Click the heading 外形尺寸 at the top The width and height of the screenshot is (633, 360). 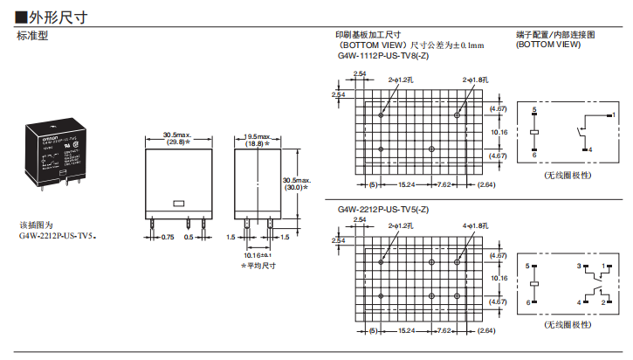[58, 16]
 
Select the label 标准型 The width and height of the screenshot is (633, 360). [33, 37]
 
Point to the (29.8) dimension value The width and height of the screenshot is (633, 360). [177, 142]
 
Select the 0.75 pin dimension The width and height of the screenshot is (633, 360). [168, 237]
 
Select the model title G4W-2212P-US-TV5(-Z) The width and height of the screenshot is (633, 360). [382, 210]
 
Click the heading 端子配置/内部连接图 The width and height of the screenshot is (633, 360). [555, 35]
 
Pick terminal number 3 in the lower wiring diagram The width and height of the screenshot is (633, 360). [578, 265]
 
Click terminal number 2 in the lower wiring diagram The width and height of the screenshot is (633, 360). [603, 301]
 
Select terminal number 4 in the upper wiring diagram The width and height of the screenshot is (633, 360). [590, 150]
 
